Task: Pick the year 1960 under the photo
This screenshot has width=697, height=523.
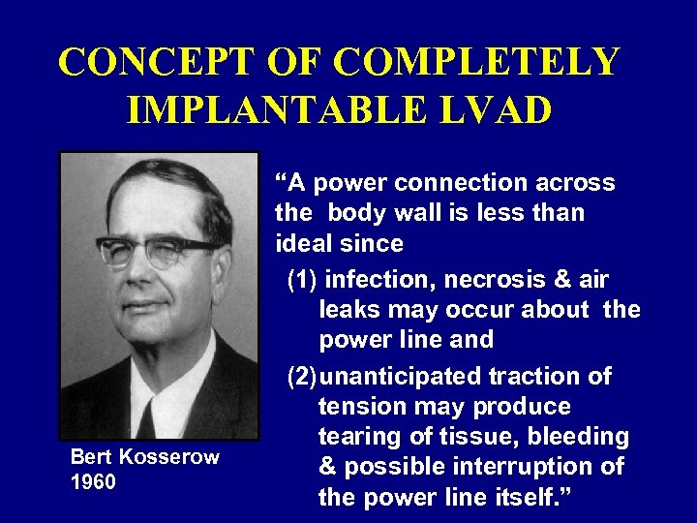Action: pyautogui.click(x=93, y=480)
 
